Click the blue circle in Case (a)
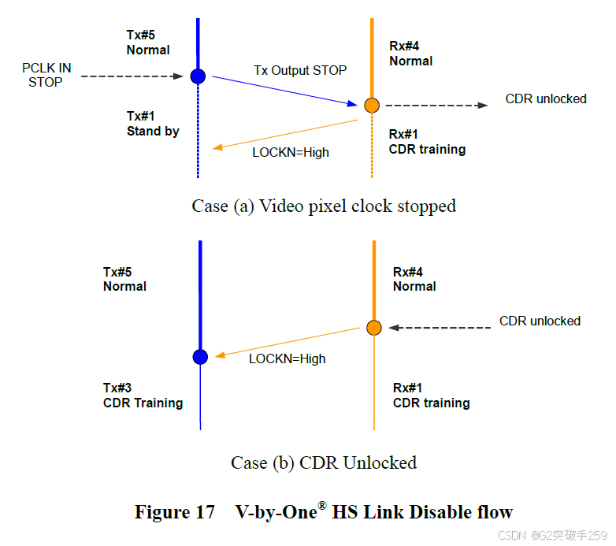click(198, 76)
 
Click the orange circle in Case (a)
click(372, 105)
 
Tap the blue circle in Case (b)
click(200, 357)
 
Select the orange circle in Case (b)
click(374, 328)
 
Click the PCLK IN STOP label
click(46, 75)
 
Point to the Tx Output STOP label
click(300, 70)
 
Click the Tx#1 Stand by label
click(153, 124)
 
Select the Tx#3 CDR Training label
click(143, 396)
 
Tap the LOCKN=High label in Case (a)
click(291, 152)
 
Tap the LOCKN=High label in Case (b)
click(287, 358)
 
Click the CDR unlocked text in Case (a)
click(546, 99)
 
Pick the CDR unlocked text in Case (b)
click(540, 321)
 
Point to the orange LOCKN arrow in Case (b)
click(288, 342)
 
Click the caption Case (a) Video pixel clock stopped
click(324, 206)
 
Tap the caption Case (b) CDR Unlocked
click(324, 462)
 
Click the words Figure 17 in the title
click(175, 512)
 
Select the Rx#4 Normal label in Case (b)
click(414, 280)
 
